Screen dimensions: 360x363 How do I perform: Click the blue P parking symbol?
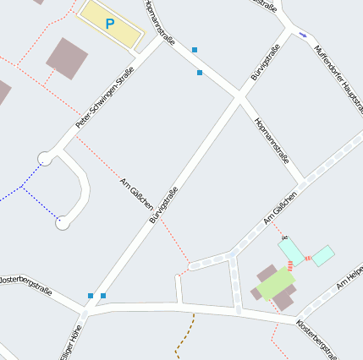pos(109,25)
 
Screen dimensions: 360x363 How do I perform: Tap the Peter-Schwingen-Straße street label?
pos(104,98)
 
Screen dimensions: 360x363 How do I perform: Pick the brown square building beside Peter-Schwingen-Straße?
pos(67,57)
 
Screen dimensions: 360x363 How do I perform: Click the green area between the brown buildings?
pos(277,284)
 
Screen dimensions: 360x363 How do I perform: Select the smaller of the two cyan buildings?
pos(323,254)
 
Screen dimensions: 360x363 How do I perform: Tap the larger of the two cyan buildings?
pos(291,250)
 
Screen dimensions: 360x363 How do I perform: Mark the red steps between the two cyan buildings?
pos(308,256)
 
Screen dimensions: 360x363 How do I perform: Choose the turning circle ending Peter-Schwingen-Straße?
pos(45,158)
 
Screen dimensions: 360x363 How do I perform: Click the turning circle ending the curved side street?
pos(63,222)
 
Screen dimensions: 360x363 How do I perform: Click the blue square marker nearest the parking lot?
pos(195,50)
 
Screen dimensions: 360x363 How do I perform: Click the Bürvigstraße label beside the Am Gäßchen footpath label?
pos(163,205)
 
